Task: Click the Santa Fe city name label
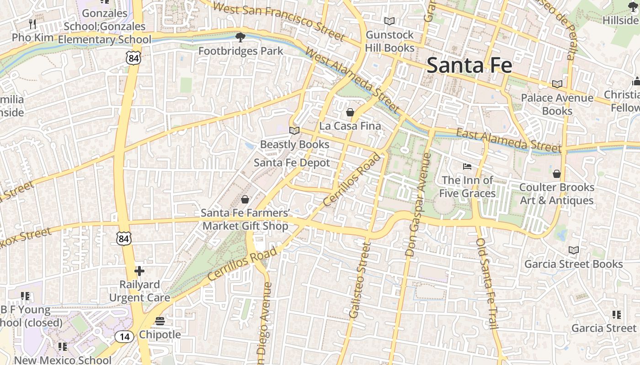pyautogui.click(x=469, y=65)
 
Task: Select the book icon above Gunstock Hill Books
pyautogui.click(x=389, y=21)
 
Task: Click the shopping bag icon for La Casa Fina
pyautogui.click(x=350, y=112)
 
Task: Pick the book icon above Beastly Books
pyautogui.click(x=294, y=131)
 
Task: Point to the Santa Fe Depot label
pyautogui.click(x=292, y=163)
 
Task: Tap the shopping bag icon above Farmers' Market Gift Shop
pyautogui.click(x=245, y=199)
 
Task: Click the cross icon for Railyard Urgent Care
pyautogui.click(x=139, y=271)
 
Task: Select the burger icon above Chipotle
pyautogui.click(x=160, y=321)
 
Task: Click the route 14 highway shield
pyautogui.click(x=124, y=337)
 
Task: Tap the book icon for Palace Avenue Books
pyautogui.click(x=557, y=84)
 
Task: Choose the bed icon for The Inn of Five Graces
pyautogui.click(x=467, y=166)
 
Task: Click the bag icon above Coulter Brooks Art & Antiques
pyautogui.click(x=556, y=174)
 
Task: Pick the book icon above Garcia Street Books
pyautogui.click(x=573, y=250)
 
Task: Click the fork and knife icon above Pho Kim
pyautogui.click(x=32, y=24)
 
